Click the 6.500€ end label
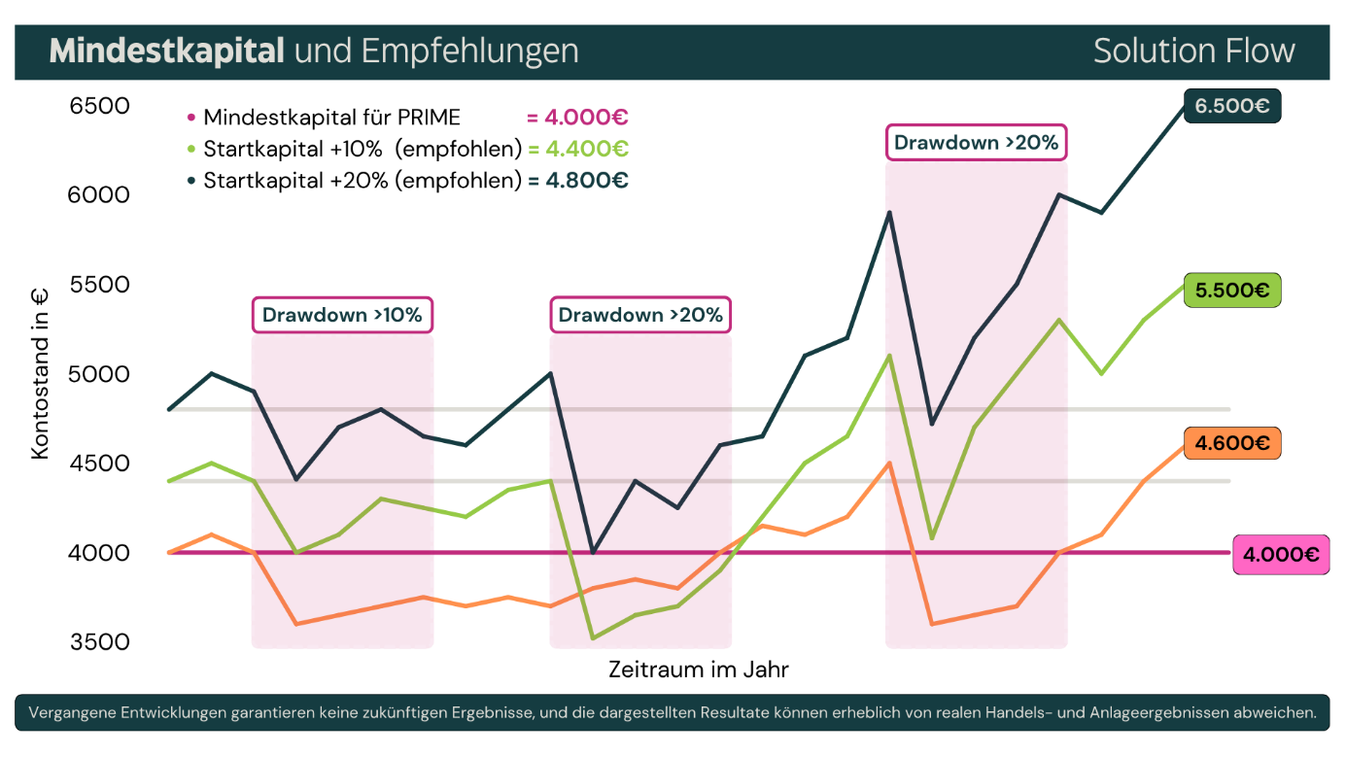coord(1232,106)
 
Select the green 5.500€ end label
coord(1232,290)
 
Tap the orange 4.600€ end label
coord(1232,443)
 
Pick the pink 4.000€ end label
coord(1280,555)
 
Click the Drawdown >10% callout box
coord(342,315)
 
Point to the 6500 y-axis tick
coord(99,105)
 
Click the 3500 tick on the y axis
coord(99,642)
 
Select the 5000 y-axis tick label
coord(99,374)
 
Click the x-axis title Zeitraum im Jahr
coord(698,670)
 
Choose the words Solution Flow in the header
coord(1193,51)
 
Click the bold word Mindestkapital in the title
coord(166,51)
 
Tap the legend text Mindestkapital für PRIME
coord(331,118)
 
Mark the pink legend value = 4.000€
coord(577,118)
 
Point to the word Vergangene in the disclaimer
coord(69,712)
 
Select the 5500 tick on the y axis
coord(99,285)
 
